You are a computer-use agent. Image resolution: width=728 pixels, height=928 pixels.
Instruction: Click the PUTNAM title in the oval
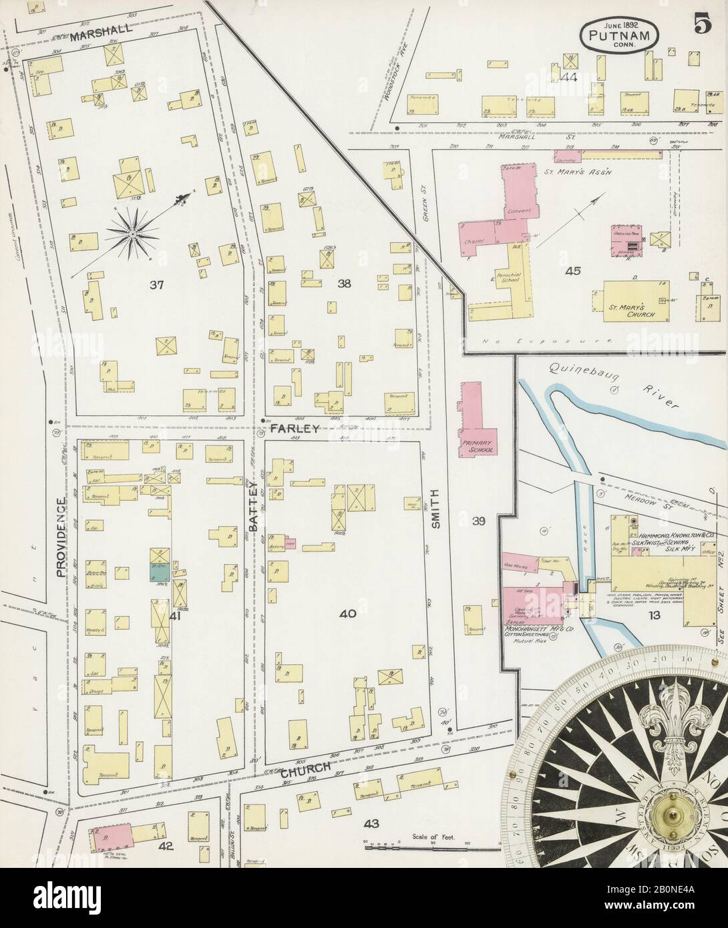(618, 33)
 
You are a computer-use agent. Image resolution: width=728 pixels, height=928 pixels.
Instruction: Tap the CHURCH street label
(306, 769)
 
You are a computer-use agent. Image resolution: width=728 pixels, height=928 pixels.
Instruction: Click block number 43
(371, 825)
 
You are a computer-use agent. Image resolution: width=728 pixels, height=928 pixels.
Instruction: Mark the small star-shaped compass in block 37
(132, 234)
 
